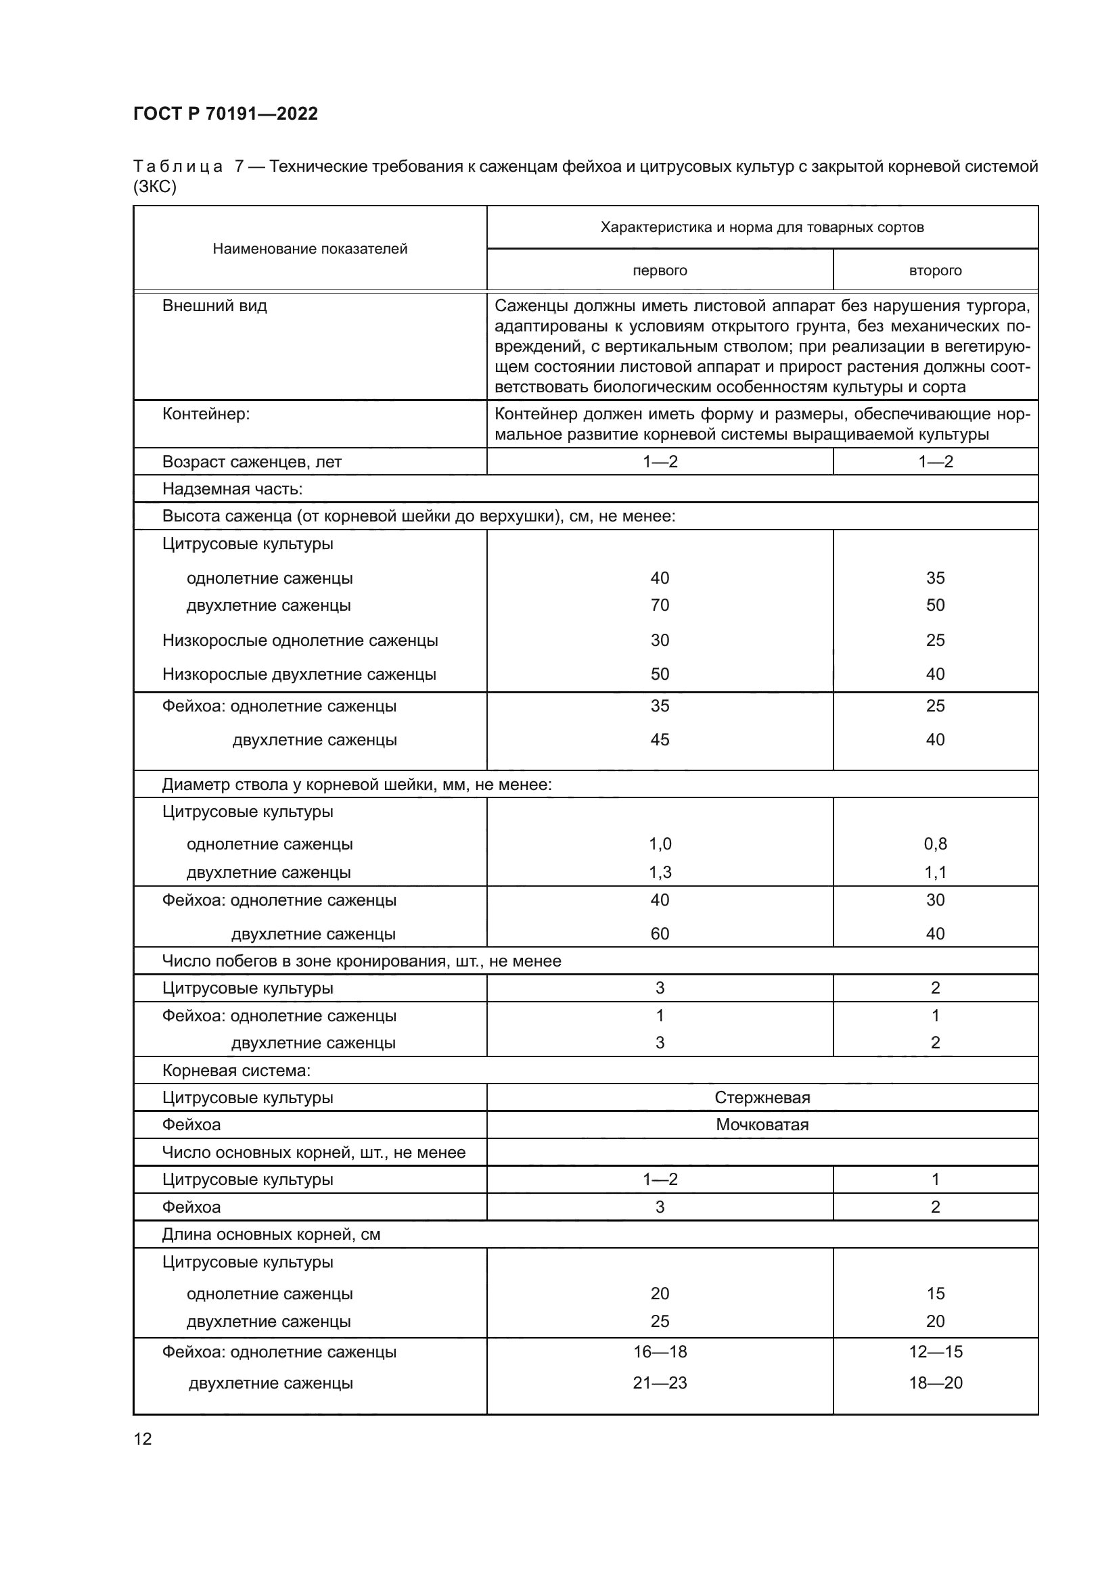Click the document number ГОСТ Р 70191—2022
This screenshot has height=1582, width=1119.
click(x=225, y=114)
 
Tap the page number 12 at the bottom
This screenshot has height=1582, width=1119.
click(x=143, y=1439)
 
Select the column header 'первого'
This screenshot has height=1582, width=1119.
click(x=660, y=271)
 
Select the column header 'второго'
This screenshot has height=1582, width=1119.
click(x=935, y=271)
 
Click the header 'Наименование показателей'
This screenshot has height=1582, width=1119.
click(x=309, y=249)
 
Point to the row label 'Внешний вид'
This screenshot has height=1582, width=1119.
click(x=214, y=306)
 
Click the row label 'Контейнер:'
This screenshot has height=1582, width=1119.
click(x=206, y=414)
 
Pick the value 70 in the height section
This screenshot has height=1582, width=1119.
click(x=660, y=605)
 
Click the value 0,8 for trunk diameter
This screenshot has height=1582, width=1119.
click(x=935, y=843)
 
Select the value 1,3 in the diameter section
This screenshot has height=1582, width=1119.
click(x=660, y=873)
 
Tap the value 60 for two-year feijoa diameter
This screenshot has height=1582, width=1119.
click(x=660, y=933)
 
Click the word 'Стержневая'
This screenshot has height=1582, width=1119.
click(x=762, y=1098)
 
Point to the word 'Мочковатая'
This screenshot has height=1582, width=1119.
click(x=762, y=1125)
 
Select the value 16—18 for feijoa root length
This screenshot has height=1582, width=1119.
click(x=660, y=1351)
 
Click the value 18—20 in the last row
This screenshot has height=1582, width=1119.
click(x=935, y=1383)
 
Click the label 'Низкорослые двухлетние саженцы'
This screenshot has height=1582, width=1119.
click(x=299, y=674)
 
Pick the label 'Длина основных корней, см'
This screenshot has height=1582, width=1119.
click(x=271, y=1234)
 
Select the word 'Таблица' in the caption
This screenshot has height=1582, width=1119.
click(x=178, y=167)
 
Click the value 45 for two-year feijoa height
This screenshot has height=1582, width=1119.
click(x=660, y=739)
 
